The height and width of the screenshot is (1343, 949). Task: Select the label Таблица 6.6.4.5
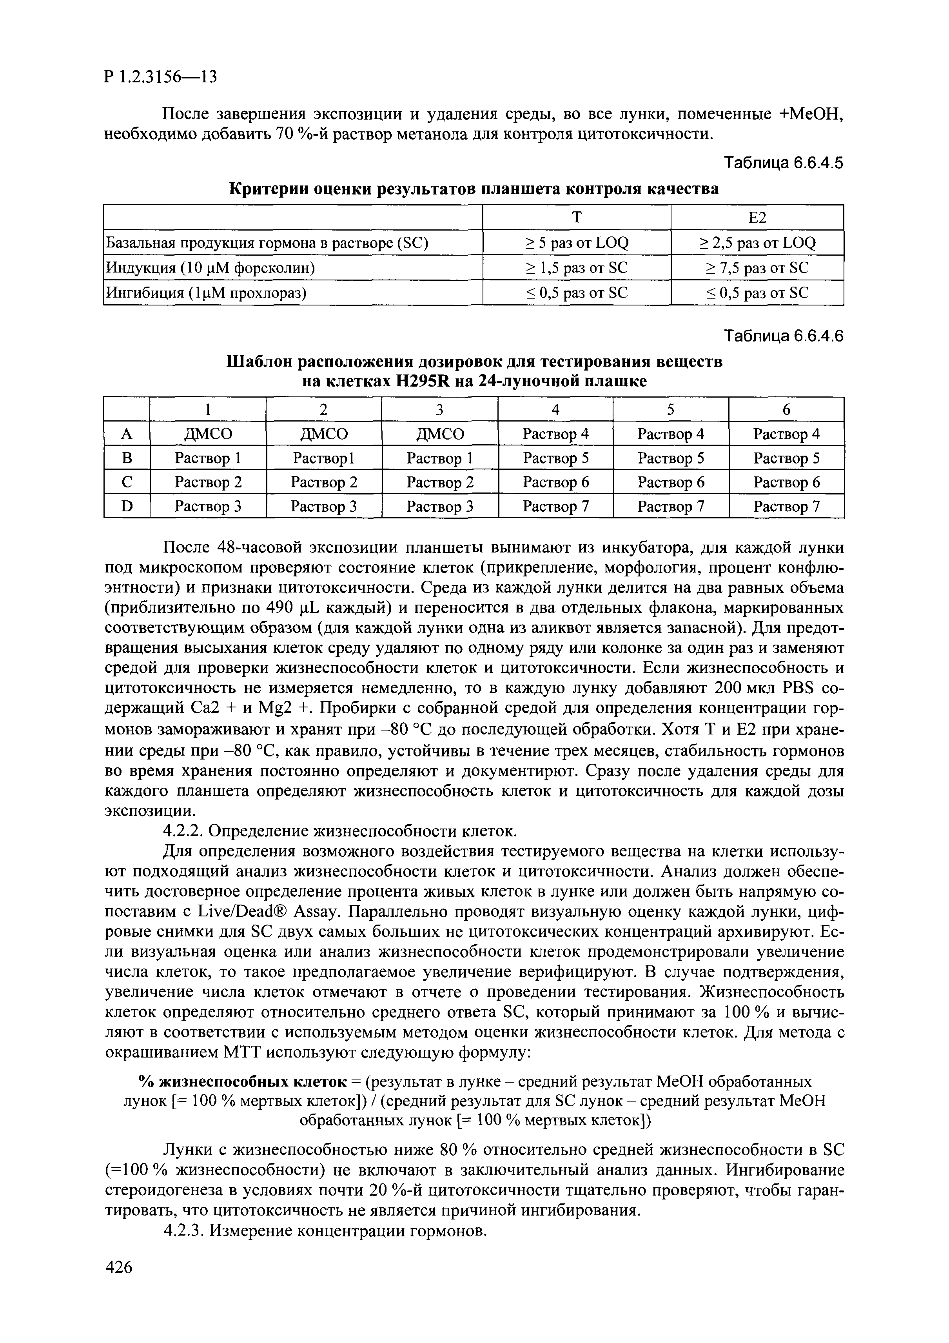784,163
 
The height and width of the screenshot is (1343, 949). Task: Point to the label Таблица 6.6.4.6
784,336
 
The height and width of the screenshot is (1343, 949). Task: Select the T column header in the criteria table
577,218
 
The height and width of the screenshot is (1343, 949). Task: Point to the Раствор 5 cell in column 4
555,458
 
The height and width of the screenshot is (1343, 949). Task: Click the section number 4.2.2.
183,831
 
